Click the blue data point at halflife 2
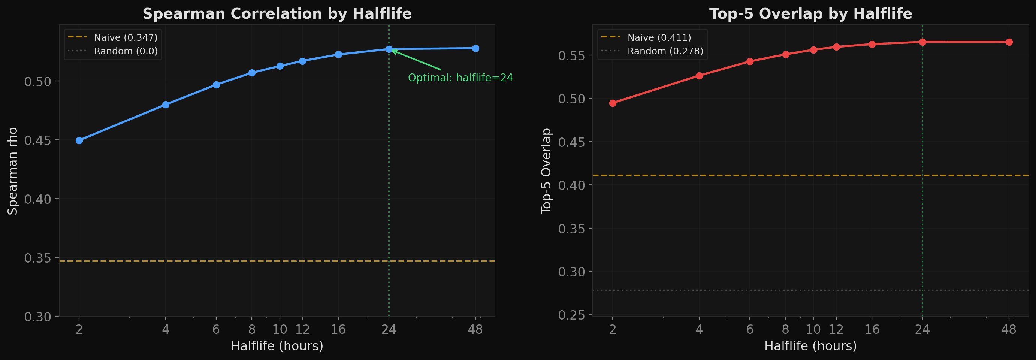point(79,140)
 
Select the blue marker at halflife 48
point(475,48)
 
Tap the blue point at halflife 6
point(216,85)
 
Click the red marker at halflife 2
point(613,103)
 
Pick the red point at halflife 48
point(1009,42)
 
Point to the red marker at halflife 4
point(699,76)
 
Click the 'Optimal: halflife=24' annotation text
point(460,78)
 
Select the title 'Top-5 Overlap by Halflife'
point(810,14)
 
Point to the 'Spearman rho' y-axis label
point(13,171)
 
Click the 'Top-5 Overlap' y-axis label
point(546,171)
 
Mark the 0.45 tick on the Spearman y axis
point(38,140)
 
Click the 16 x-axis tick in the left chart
point(338,329)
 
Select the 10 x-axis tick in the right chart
point(813,329)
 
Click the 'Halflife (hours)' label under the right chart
point(810,346)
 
